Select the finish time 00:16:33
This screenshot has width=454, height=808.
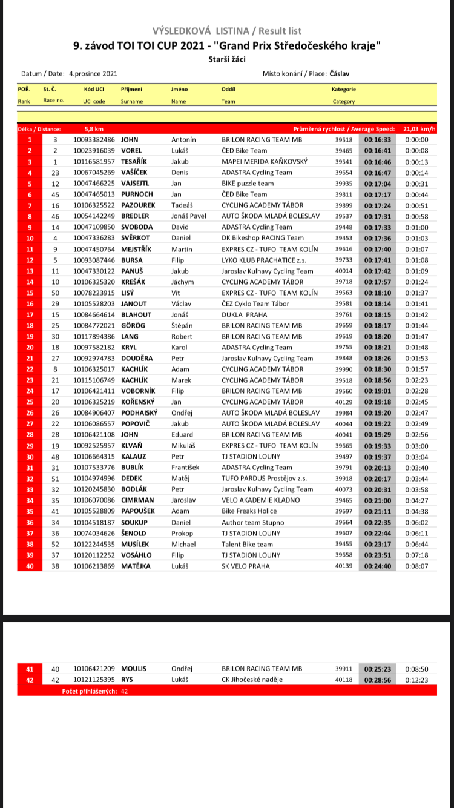[x=378, y=140]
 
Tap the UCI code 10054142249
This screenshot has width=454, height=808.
[x=94, y=216]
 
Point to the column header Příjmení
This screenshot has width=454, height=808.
[x=131, y=89]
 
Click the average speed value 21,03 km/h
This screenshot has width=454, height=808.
[x=419, y=129]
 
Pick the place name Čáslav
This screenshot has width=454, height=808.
[x=339, y=74]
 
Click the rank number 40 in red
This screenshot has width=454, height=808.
[x=30, y=566]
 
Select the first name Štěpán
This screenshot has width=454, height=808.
[x=182, y=325]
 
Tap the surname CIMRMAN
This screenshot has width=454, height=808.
[x=138, y=500]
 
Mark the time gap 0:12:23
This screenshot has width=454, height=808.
[x=416, y=680]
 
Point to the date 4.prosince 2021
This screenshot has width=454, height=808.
[x=93, y=74]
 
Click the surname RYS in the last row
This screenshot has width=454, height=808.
[x=127, y=680]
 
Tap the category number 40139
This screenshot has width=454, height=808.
[x=344, y=566]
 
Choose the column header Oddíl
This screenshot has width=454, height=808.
[x=228, y=89]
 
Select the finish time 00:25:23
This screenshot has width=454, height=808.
[x=378, y=669]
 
